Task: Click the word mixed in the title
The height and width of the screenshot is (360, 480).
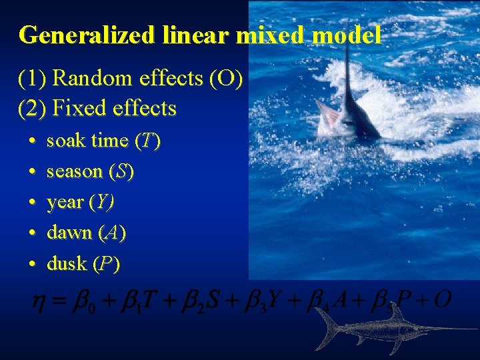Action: click(x=263, y=35)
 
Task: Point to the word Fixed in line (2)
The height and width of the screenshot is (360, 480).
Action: click(x=79, y=108)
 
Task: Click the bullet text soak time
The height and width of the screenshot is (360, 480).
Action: click(x=87, y=141)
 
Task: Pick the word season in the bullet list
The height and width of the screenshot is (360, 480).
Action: click(x=74, y=171)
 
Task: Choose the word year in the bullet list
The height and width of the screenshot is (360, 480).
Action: click(x=65, y=202)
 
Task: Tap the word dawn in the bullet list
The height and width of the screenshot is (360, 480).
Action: click(x=69, y=233)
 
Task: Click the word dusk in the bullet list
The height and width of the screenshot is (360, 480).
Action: click(x=67, y=263)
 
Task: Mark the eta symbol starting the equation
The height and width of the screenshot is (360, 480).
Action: click(x=40, y=299)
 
